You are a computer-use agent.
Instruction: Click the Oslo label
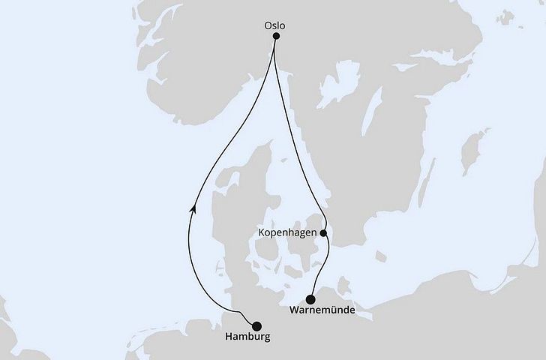coord(276,25)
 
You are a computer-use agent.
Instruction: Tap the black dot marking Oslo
coord(276,36)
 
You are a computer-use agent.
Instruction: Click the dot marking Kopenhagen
coord(324,233)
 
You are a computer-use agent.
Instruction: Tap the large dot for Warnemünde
coord(311,298)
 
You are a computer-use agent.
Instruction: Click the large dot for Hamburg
coord(257,326)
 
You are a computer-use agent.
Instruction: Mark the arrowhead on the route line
coord(193,211)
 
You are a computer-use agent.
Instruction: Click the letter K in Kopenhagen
coord(260,234)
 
